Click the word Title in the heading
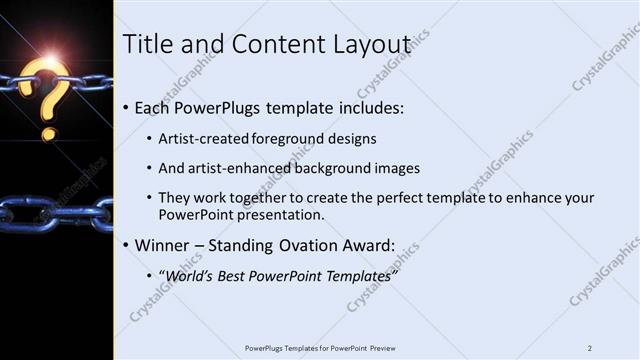(x=146, y=44)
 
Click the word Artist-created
(x=202, y=139)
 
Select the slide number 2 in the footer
(x=590, y=347)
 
